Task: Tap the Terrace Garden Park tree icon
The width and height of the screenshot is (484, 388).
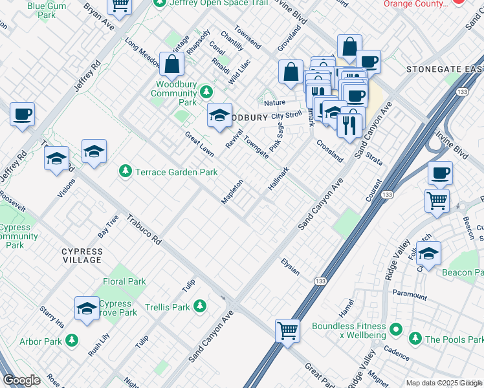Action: (125, 171)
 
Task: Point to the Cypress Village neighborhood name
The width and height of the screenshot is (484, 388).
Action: (82, 255)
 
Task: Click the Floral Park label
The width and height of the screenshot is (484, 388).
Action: (124, 281)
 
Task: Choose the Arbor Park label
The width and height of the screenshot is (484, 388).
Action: (40, 341)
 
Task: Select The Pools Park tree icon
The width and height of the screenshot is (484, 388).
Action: (414, 338)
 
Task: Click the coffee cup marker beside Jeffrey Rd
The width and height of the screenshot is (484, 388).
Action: (22, 114)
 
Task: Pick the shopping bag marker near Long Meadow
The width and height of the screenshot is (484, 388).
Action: (172, 63)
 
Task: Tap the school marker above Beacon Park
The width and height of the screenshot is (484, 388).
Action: (428, 253)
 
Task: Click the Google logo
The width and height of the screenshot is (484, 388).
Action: (21, 380)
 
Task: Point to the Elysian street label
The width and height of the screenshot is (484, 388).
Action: (290, 266)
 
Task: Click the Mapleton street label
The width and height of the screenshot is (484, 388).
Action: (232, 191)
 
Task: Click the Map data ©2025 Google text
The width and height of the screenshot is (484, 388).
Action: (443, 383)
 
